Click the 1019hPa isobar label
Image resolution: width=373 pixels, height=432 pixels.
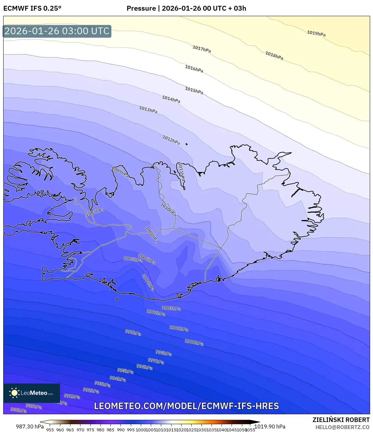click(x=316, y=33)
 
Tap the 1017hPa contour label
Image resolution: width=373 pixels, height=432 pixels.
click(x=202, y=49)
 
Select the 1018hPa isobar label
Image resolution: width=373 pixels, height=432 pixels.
click(x=274, y=55)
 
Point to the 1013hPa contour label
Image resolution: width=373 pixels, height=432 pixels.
click(x=148, y=110)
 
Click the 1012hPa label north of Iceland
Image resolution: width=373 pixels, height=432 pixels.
click(x=171, y=140)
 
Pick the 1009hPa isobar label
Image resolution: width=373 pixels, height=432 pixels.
click(x=120, y=172)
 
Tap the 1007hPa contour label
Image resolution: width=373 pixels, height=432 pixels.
click(x=95, y=212)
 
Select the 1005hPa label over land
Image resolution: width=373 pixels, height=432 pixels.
click(x=133, y=259)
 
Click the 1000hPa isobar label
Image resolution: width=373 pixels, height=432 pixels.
click(x=194, y=342)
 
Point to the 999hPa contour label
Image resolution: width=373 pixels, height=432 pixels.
click(x=133, y=332)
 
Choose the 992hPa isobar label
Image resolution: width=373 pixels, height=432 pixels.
click(x=91, y=390)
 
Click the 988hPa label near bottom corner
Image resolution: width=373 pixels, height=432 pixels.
click(x=18, y=410)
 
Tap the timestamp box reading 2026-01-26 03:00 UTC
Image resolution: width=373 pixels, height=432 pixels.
click(x=57, y=31)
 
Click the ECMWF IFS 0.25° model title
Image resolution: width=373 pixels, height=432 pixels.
click(x=32, y=8)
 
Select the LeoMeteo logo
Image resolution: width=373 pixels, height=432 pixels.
click(x=32, y=393)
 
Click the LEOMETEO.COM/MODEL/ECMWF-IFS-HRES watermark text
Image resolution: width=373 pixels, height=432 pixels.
click(x=186, y=406)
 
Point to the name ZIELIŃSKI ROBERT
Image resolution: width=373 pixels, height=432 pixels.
click(x=341, y=420)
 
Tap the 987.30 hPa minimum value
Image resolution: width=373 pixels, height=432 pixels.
click(x=30, y=427)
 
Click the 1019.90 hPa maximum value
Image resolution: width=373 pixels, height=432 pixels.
click(x=270, y=427)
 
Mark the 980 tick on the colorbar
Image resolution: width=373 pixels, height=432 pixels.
click(x=100, y=430)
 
